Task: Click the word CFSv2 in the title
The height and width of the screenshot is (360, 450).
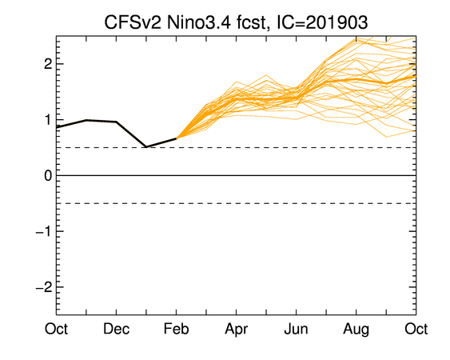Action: [x=133, y=22]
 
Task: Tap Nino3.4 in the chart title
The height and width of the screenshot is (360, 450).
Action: [x=198, y=22]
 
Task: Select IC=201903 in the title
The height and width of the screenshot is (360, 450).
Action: [x=322, y=22]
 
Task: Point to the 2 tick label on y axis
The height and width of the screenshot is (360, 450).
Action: [x=48, y=64]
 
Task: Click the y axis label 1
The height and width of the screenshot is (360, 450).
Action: [x=48, y=120]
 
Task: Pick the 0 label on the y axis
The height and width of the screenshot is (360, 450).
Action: [x=48, y=175]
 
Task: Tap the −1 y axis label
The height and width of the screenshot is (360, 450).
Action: [x=44, y=231]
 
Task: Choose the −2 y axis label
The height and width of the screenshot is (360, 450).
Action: [x=44, y=287]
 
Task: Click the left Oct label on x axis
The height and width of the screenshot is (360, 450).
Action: [x=56, y=329]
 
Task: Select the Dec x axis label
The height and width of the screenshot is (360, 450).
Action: [x=116, y=329]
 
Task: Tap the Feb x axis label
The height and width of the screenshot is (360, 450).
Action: [x=176, y=329]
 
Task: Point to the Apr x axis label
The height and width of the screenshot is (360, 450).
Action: [x=237, y=330]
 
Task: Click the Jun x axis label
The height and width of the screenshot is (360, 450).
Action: [x=297, y=329]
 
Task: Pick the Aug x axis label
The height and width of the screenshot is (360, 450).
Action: [x=356, y=330]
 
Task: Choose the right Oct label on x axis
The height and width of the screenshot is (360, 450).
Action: [x=416, y=329]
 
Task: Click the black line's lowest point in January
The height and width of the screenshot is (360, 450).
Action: [x=146, y=147]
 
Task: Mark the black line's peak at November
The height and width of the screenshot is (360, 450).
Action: [x=86, y=120]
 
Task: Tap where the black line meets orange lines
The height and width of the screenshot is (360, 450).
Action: [x=176, y=138]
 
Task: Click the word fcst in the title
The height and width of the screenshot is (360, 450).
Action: [x=253, y=22]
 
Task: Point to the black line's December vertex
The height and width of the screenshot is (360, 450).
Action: [x=116, y=122]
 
